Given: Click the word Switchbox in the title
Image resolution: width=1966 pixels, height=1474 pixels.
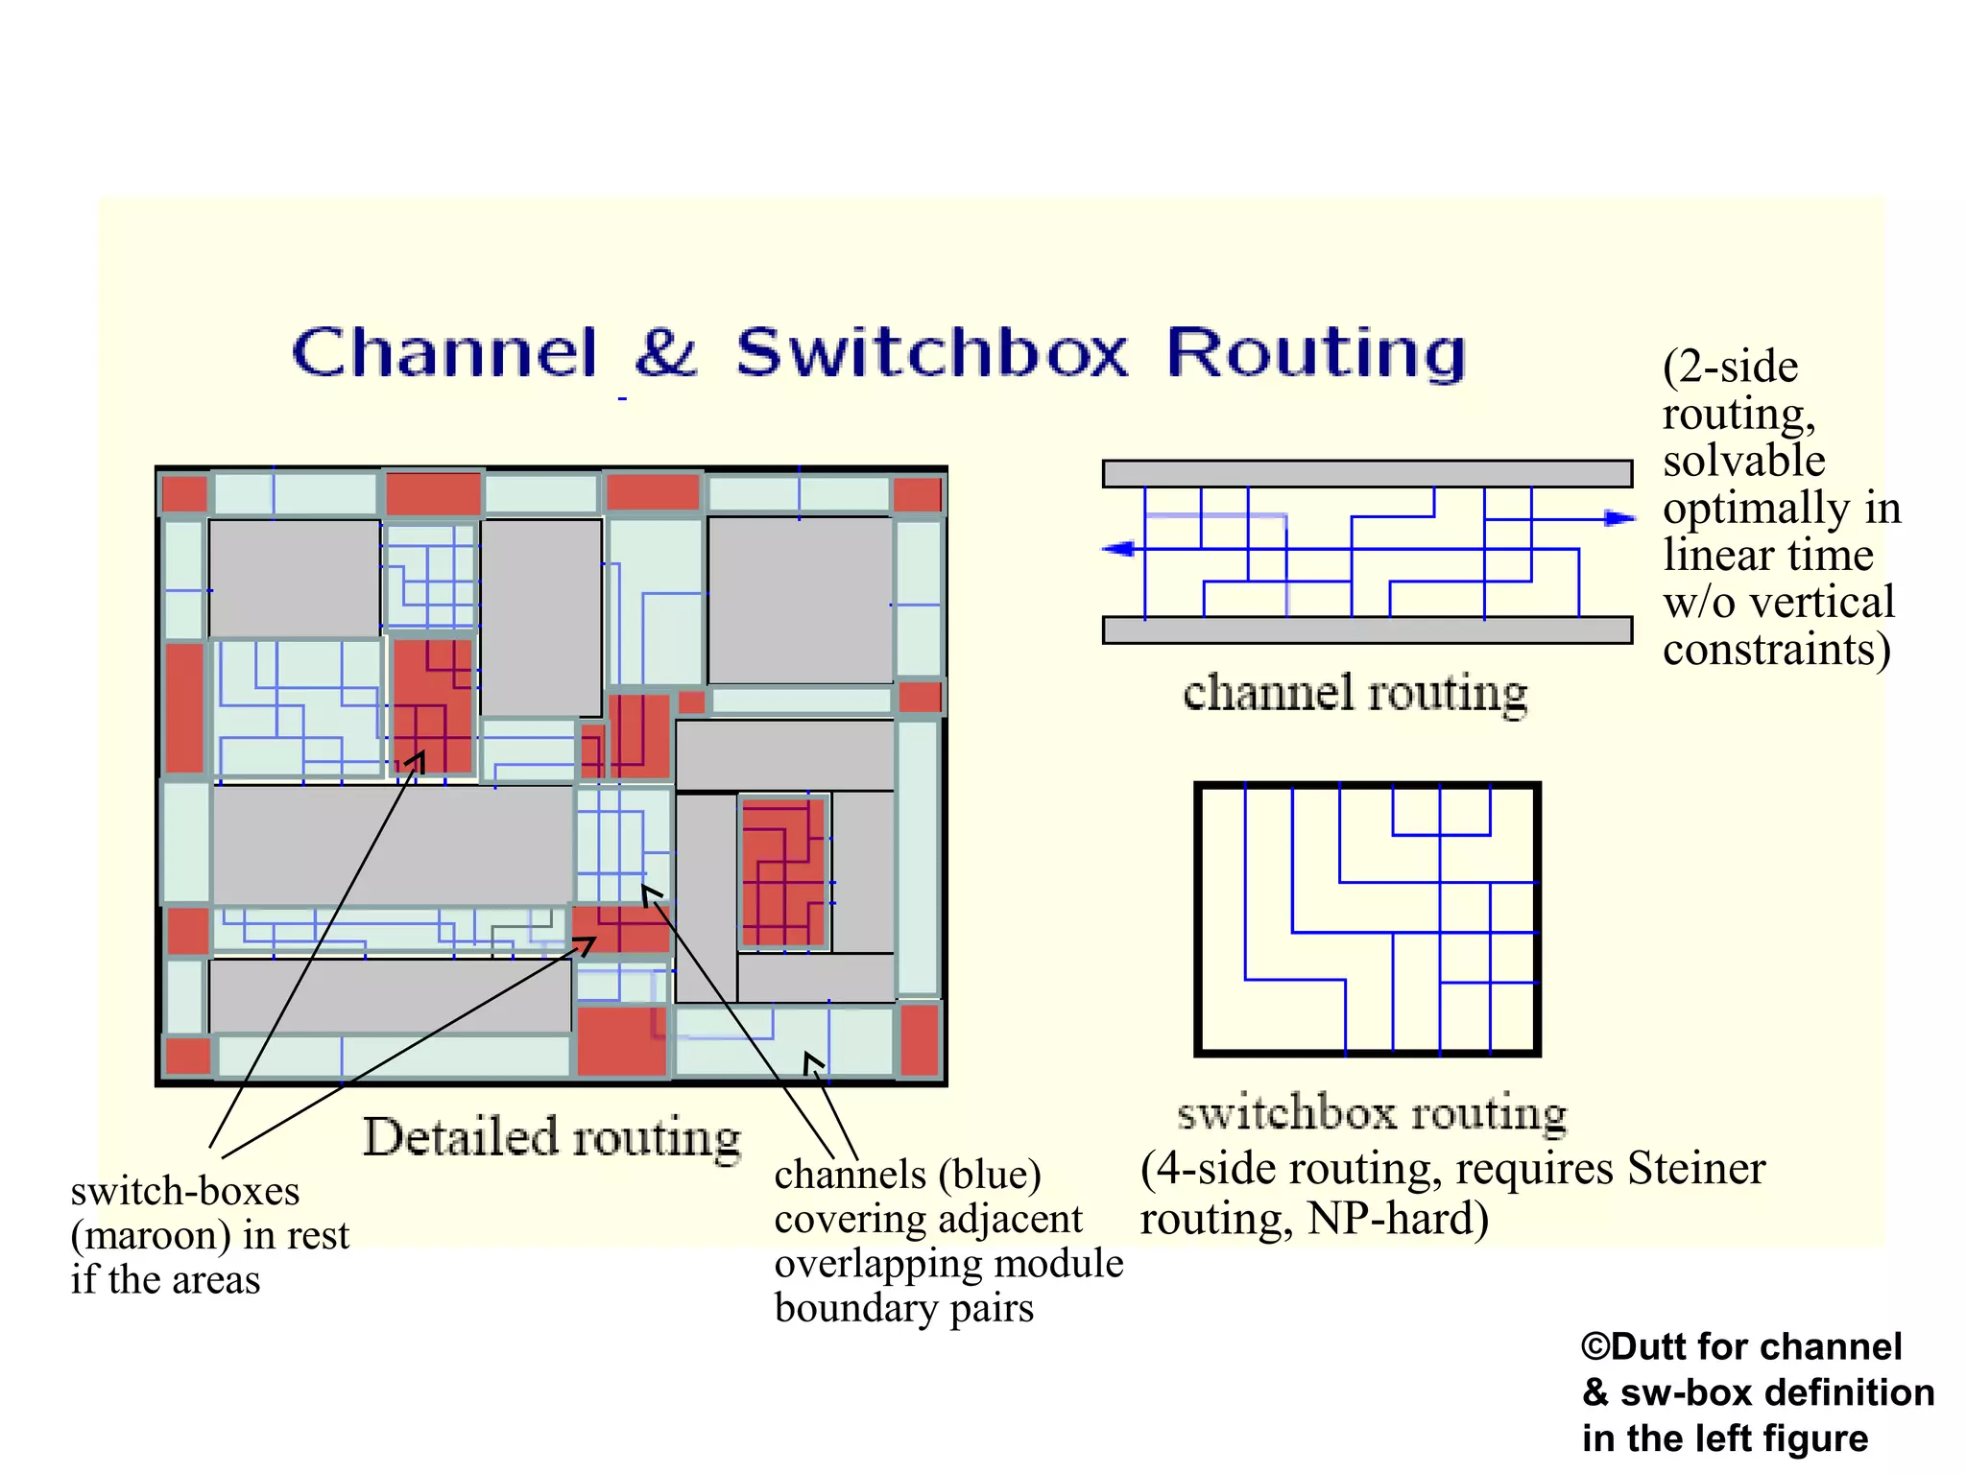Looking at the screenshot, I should pos(931,353).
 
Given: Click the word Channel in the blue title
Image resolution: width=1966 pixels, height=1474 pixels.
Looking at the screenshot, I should pos(444,353).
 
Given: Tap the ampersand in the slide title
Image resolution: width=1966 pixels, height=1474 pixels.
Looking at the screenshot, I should pos(665,353).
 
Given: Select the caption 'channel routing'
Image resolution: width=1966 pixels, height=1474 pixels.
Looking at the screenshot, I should pos(1355,693).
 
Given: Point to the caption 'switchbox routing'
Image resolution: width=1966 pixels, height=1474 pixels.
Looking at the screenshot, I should pos(1372,1113).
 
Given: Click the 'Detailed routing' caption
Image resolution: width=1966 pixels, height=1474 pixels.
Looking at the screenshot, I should pos(551,1138).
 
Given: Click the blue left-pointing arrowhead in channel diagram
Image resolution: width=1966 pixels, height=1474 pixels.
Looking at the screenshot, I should pos(1119,549).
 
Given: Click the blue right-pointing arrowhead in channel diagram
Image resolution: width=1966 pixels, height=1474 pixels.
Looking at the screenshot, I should pos(1619,518).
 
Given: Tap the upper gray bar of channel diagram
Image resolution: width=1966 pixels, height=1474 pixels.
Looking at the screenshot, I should pos(1367,474).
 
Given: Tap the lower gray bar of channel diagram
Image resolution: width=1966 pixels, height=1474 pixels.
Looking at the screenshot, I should pos(1367,630).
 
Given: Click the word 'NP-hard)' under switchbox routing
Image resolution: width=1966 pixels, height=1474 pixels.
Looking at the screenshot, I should pos(1398,1219).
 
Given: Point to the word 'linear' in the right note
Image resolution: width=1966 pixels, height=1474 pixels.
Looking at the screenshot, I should pos(1719,556).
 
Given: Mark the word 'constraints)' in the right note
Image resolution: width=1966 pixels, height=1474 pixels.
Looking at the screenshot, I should pos(1776,650).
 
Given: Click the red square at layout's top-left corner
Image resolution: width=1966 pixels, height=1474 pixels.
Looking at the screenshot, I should pos(184,494).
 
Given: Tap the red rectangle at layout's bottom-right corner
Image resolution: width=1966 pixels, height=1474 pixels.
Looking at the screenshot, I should pos(920,1040).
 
